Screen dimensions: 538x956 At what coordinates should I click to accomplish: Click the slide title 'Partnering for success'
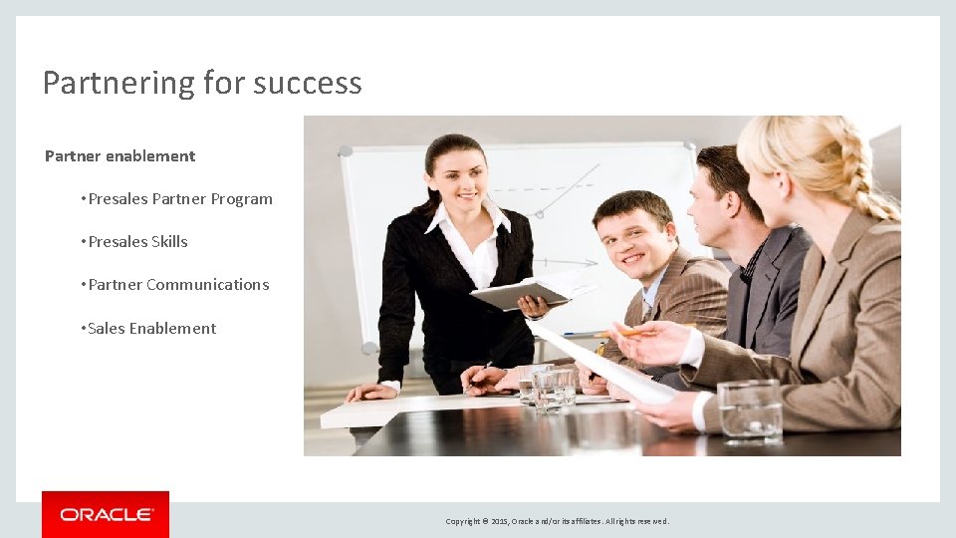(202, 83)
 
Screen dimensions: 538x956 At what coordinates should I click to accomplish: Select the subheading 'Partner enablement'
(120, 156)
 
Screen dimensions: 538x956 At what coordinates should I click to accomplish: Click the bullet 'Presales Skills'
(137, 242)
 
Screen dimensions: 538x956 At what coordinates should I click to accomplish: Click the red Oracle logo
(106, 514)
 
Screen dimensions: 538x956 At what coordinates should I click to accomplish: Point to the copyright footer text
(558, 521)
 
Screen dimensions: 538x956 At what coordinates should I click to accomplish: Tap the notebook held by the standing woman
(518, 294)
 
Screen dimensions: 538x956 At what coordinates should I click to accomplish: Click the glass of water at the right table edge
(749, 410)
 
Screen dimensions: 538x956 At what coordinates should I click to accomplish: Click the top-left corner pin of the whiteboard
(346, 151)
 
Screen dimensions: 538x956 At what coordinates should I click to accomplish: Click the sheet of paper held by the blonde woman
(597, 364)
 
